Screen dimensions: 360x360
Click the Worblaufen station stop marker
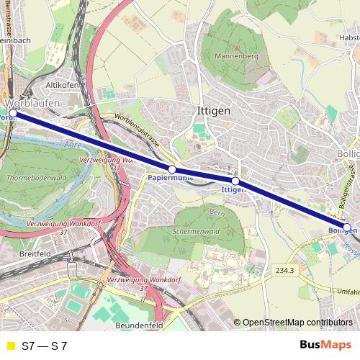(x=12, y=113)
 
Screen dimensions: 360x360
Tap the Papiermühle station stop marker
(x=172, y=169)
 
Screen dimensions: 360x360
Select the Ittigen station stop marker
(x=235, y=181)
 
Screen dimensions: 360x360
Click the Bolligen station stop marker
(x=346, y=228)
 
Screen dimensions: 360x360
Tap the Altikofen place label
(x=61, y=85)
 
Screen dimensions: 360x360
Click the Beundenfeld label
(x=140, y=325)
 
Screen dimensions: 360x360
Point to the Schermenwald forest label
(x=195, y=233)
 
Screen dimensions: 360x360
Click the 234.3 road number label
(x=284, y=270)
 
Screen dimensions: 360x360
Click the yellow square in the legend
(x=9, y=346)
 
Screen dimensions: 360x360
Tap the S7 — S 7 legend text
(x=45, y=346)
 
